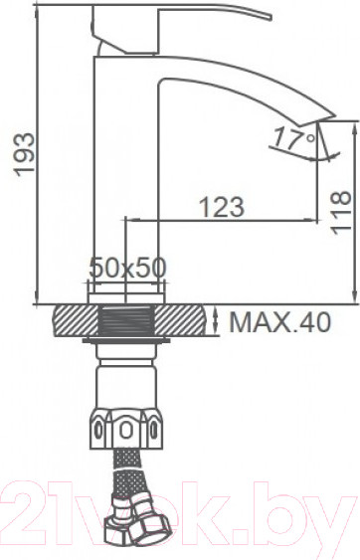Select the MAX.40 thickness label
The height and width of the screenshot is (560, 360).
(281, 322)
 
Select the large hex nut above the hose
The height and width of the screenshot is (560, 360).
(127, 428)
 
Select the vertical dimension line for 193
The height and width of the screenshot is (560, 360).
(37, 154)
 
